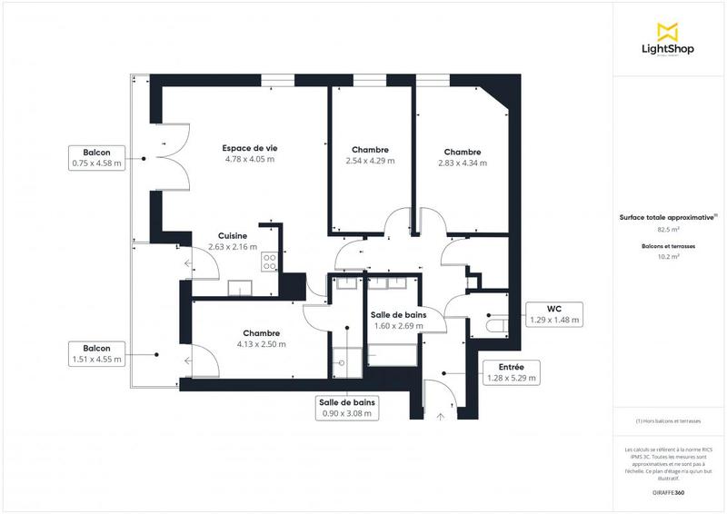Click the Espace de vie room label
coord(249,147)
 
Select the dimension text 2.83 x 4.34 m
coord(463,163)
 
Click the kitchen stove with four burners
coord(270,262)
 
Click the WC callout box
coord(554,314)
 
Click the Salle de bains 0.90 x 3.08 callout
coord(348,408)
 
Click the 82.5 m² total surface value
coord(668,231)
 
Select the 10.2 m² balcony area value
coord(668,257)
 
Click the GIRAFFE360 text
coord(668,491)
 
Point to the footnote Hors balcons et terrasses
coord(668,421)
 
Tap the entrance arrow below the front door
coord(441,416)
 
